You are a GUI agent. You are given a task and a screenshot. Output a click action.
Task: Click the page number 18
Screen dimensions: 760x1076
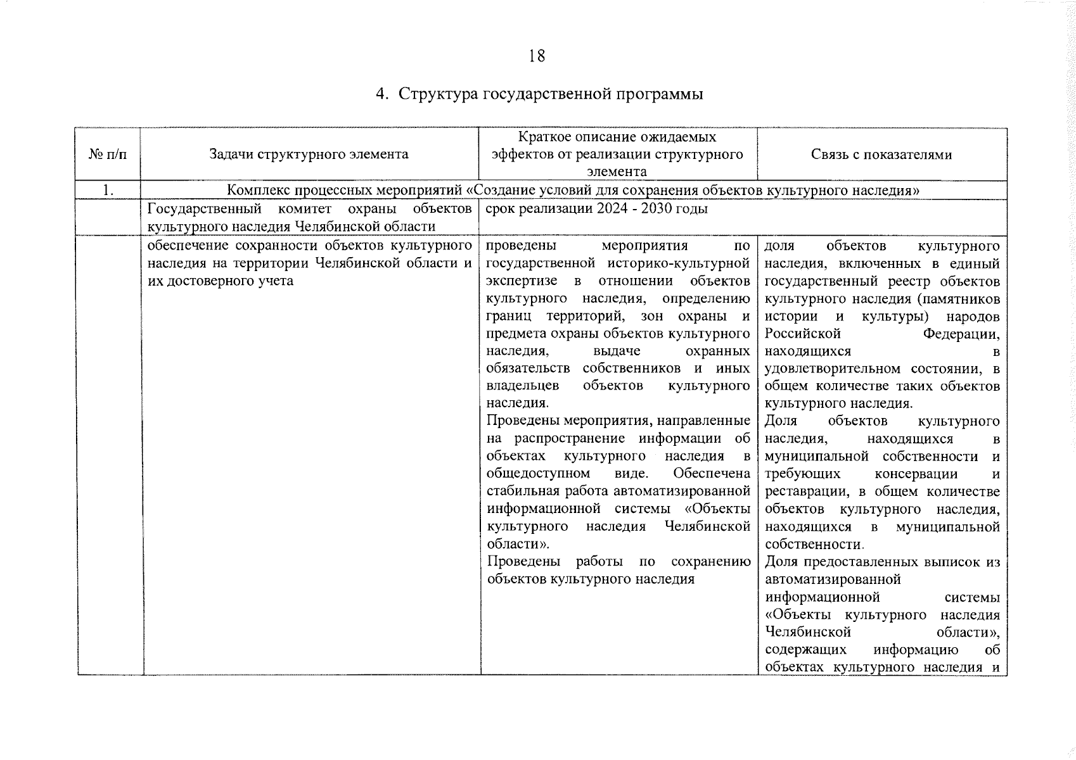537,56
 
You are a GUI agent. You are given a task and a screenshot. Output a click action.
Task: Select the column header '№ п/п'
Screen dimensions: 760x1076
108,155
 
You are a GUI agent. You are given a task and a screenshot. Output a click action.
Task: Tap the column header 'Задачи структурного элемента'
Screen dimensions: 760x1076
309,154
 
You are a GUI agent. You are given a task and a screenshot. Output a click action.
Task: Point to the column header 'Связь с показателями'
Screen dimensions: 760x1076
881,155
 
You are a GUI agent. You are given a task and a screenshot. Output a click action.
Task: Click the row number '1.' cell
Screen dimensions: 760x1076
108,190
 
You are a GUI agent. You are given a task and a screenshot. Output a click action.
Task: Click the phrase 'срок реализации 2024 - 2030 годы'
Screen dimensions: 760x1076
596,209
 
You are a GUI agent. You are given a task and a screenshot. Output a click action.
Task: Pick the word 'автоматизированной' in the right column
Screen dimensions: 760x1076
833,579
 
